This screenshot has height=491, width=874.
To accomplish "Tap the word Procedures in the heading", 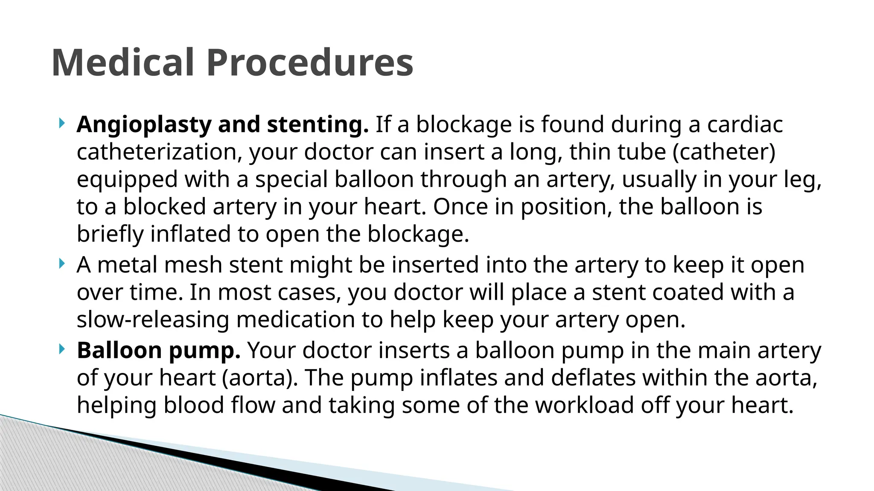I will (x=310, y=63).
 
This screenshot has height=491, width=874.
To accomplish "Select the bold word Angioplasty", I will (x=144, y=125).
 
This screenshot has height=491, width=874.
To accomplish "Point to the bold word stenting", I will (x=318, y=125).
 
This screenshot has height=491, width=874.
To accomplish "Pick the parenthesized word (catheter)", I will (x=724, y=152).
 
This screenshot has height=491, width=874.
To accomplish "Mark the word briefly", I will (x=110, y=234).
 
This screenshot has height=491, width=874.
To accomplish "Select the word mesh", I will (x=193, y=265).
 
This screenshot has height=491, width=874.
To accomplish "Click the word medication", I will (x=295, y=320).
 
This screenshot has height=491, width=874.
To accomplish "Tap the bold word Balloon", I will (x=119, y=350).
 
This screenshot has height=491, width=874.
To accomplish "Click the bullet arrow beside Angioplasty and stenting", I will (x=62, y=124).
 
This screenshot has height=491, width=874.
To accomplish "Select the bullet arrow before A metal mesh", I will (x=62, y=264).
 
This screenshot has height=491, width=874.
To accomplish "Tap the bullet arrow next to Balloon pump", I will (x=62, y=350).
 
